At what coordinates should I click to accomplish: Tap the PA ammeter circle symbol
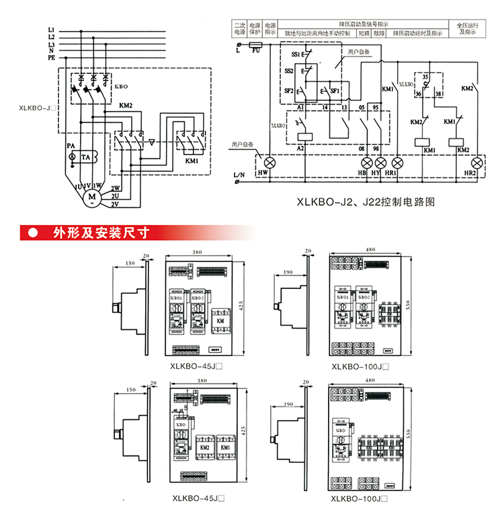pos(72,156)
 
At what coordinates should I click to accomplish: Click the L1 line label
pos(51,30)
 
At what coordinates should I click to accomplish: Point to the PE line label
pos(51,58)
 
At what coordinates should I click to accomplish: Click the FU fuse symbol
pos(256,46)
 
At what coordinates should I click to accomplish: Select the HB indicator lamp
pos(368,163)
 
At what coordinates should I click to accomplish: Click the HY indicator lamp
pos(380,163)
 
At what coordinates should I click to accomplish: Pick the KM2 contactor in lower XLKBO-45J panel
pos(204,446)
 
